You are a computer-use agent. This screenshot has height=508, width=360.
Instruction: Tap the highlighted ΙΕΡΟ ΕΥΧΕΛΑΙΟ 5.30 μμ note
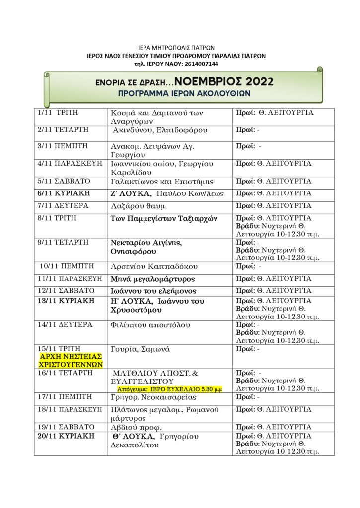pos(170,390)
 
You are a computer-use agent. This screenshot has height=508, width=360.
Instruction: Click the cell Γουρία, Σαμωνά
pos(140,349)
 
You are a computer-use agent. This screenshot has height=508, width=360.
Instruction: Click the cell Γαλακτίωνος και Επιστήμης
pos(162,181)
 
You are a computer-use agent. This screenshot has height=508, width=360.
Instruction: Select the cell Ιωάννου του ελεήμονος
pos(153,291)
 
